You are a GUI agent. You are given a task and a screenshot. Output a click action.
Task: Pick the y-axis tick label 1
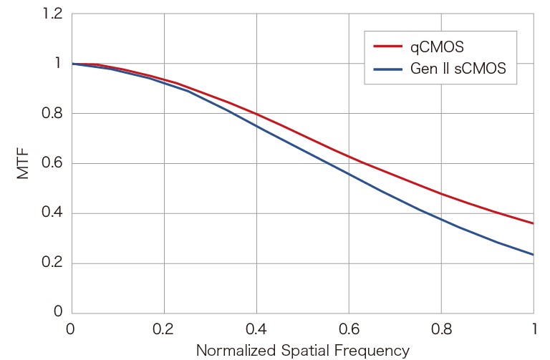pos(58,64)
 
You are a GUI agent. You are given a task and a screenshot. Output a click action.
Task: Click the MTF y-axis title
pos(24,163)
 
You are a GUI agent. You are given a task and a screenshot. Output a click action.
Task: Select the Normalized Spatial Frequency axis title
pos(302,351)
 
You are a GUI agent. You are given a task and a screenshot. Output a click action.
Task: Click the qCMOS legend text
pos(438,48)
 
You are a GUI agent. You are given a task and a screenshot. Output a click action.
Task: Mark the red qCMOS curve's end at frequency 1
pos(533,223)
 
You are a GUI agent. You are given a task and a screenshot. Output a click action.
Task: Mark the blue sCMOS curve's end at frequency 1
pos(533,254)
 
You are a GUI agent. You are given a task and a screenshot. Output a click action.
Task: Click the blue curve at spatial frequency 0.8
pos(441,219)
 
